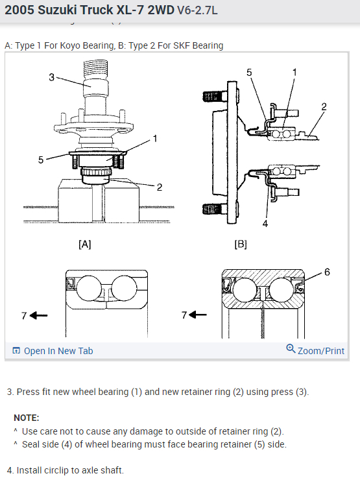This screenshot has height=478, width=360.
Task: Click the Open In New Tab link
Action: point(53,351)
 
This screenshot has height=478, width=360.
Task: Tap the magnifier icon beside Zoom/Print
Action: point(291,349)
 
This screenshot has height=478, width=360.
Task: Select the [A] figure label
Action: point(85,244)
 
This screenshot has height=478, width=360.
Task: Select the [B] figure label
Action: point(241,244)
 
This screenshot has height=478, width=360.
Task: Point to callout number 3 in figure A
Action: point(51,77)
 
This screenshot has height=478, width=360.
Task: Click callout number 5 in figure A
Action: point(41,160)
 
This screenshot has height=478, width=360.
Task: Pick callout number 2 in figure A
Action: point(160,187)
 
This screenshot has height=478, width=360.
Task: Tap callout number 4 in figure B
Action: point(265,224)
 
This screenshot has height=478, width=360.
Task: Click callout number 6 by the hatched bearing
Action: point(327,272)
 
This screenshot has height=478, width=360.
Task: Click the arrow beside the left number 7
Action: point(39,315)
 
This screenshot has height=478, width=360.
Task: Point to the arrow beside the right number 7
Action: point(198,315)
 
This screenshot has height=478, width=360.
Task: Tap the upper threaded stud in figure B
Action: point(215,97)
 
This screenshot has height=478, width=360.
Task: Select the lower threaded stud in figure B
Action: point(215,209)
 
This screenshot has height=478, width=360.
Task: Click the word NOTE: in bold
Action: point(27,418)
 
